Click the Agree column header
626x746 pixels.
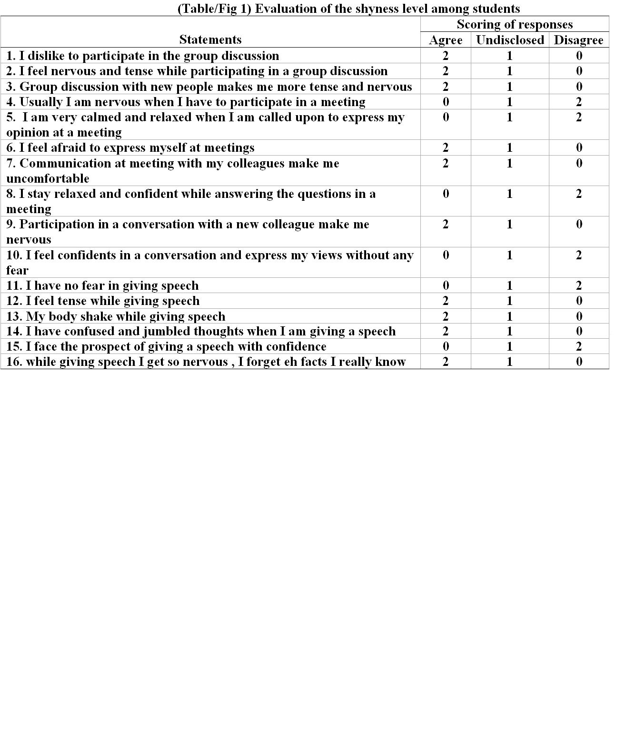(x=446, y=40)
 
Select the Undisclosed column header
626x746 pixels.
(x=510, y=40)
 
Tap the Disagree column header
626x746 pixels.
(x=578, y=40)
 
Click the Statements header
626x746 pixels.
(x=210, y=39)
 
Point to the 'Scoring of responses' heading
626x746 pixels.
(x=515, y=24)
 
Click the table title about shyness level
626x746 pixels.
(x=348, y=9)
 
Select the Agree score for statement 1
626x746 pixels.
(x=446, y=56)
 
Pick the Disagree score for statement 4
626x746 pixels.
(x=579, y=102)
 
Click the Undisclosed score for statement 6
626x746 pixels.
(x=510, y=147)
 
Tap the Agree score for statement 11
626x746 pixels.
(x=446, y=285)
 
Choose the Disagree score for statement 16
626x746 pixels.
(x=579, y=362)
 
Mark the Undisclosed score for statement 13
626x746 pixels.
(x=510, y=316)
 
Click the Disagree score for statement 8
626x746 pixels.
(x=579, y=194)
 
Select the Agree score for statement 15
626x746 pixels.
(x=446, y=346)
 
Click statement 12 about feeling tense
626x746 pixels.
(x=103, y=301)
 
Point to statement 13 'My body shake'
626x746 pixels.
(x=116, y=316)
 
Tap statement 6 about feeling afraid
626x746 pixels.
(x=130, y=147)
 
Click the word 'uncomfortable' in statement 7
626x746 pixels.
(x=48, y=178)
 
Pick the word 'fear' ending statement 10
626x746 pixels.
(x=18, y=270)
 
